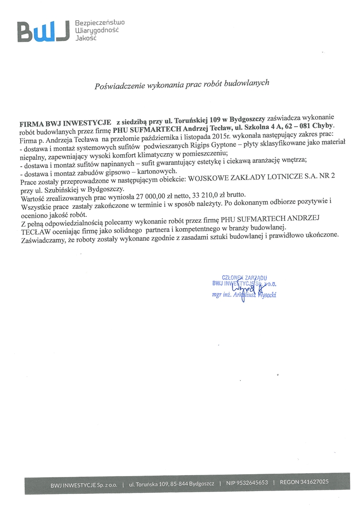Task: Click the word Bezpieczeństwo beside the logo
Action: click(100, 22)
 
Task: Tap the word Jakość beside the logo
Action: click(85, 37)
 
